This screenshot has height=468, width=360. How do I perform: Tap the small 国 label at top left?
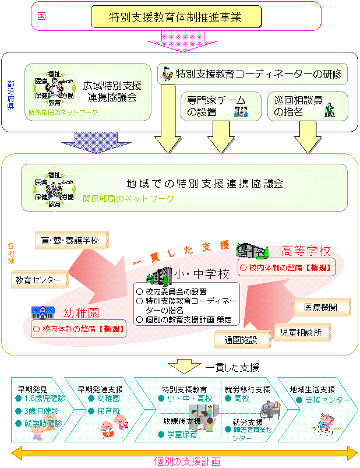coord(41,17)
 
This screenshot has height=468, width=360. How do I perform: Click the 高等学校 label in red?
coord(306,252)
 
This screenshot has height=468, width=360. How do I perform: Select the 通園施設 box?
coord(235,339)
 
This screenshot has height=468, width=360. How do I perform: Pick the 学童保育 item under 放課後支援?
coord(181,434)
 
